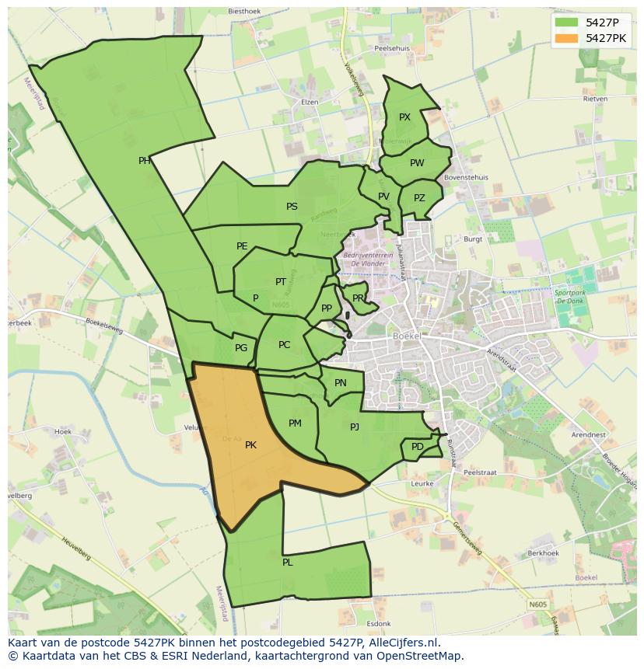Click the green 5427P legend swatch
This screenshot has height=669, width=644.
point(568,23)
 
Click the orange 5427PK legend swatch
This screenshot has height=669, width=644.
point(568,38)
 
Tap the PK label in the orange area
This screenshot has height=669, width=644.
point(250,445)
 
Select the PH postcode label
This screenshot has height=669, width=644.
point(145,161)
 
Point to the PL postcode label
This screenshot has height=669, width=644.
point(288,562)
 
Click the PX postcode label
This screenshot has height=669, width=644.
point(404,117)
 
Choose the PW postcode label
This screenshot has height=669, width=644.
point(417,163)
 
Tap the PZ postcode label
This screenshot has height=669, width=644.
point(419,197)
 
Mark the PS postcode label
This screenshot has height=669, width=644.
point(292,207)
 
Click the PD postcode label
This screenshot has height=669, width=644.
point(418,447)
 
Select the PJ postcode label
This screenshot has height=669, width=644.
point(355,427)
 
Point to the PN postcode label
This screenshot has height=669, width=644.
point(341,383)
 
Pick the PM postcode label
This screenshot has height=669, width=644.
point(295,423)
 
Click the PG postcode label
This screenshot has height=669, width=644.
point(241,348)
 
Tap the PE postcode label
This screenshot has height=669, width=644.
point(242,246)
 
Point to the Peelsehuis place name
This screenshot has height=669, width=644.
point(392,47)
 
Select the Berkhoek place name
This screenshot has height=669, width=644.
point(543,552)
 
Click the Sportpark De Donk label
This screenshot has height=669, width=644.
point(570,297)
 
